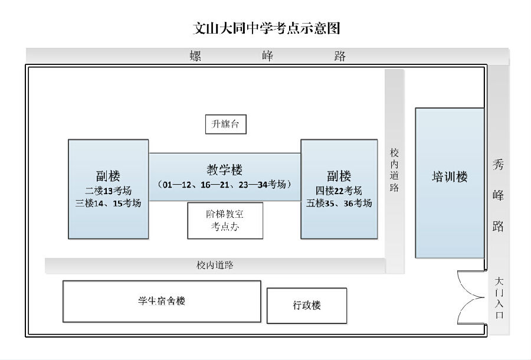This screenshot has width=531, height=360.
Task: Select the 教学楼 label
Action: (225, 169)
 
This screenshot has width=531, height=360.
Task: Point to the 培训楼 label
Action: (450, 177)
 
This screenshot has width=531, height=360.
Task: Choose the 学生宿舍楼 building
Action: (161, 301)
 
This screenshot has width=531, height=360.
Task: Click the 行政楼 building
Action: (307, 305)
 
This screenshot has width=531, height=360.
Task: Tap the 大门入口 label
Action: (499, 298)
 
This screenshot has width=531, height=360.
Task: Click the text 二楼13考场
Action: (108, 191)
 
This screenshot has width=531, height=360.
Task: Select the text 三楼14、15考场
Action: (108, 203)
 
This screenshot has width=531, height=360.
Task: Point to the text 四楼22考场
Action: (339, 191)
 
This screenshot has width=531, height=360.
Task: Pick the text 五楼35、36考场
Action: (339, 203)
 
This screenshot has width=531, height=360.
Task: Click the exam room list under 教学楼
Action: (225, 184)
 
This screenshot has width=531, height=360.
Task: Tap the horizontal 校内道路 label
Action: (215, 265)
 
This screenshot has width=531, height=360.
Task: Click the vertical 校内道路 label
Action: (394, 170)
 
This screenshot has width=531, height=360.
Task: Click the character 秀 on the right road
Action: (499, 166)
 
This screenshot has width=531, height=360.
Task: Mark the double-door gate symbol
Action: (471, 298)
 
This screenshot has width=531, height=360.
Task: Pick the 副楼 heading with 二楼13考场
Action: (108, 176)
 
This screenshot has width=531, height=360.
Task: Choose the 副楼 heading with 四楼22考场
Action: (339, 176)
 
